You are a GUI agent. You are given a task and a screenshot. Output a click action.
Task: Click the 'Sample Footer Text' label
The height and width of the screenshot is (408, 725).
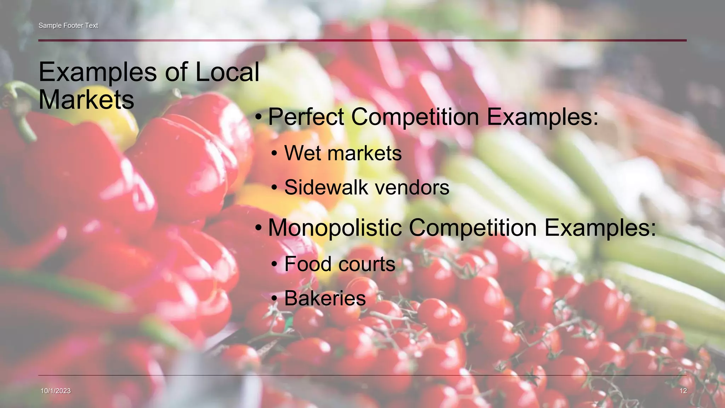68,25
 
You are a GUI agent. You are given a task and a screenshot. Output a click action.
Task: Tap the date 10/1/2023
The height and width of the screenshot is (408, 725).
56,391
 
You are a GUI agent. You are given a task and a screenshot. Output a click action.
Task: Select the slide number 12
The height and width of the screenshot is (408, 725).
683,391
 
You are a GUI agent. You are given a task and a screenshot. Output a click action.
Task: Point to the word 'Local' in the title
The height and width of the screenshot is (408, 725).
227,72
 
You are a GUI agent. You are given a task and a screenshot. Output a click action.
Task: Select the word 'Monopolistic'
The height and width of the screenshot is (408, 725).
335,227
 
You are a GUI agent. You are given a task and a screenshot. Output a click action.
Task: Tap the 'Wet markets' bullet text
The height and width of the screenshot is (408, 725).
343,153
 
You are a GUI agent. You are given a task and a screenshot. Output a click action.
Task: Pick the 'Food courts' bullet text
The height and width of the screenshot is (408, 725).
339,264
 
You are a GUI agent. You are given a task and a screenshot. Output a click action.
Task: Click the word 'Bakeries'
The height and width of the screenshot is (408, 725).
325,298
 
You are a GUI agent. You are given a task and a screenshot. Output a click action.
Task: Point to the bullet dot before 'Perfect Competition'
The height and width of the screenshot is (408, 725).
259,117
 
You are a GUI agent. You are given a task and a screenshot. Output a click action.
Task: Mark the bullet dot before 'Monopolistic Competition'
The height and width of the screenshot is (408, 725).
259,228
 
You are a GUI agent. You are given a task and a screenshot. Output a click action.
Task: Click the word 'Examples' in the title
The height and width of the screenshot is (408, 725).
97,73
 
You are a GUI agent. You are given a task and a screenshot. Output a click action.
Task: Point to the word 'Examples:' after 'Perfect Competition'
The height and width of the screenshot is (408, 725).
542,117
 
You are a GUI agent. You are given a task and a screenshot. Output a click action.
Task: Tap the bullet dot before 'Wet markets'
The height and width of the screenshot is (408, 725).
274,154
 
